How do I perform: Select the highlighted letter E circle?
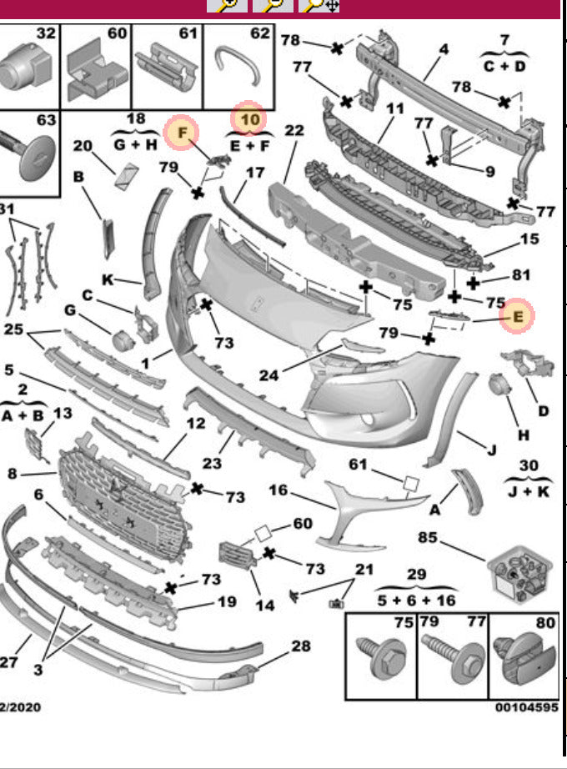(x=518, y=316)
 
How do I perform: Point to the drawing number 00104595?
(x=526, y=707)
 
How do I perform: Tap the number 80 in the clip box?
(x=545, y=621)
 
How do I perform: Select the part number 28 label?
(x=300, y=646)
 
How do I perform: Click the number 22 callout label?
(x=294, y=130)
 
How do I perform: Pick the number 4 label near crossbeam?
(x=444, y=49)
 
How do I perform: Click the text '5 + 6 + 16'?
(x=417, y=599)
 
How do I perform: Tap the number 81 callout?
(x=521, y=274)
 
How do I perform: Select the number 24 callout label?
(x=268, y=375)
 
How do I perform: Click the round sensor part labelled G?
(x=123, y=340)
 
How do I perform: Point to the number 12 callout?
(x=195, y=423)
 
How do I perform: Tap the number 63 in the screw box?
(x=47, y=120)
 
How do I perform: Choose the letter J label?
(x=491, y=451)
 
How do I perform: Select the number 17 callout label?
(x=254, y=173)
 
